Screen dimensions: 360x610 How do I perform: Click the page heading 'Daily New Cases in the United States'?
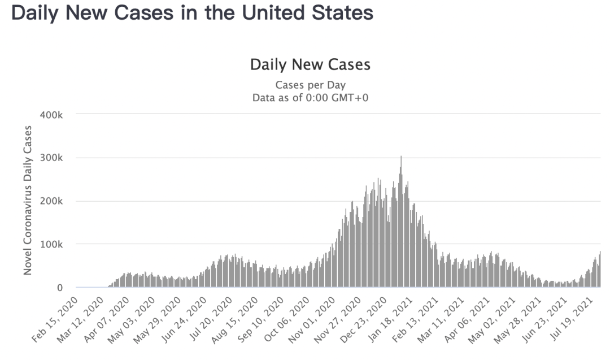192,13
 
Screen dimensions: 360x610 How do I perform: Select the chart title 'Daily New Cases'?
310,64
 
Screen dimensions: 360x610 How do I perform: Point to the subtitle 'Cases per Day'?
310,85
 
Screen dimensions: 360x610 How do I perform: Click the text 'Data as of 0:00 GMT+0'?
310,98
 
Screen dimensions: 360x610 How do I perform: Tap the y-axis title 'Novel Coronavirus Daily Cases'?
28,200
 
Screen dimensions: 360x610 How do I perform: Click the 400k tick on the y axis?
55,114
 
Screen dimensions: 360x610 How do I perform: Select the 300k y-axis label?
55,158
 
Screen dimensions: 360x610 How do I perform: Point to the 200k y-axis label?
55,201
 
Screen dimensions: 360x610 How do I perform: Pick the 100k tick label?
55,244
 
